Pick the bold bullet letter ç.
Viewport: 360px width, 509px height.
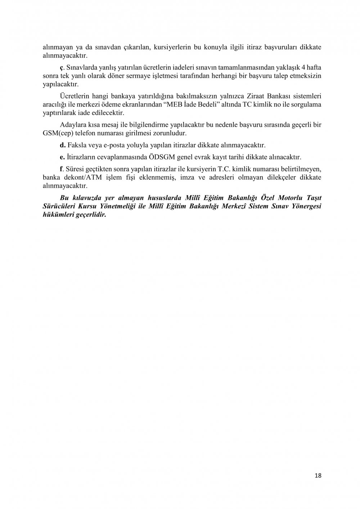(62, 67)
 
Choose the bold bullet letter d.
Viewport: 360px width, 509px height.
(62, 145)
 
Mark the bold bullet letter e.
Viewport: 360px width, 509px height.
(62, 157)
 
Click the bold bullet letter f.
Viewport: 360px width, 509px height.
(61, 169)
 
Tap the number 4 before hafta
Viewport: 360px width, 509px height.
(303, 67)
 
